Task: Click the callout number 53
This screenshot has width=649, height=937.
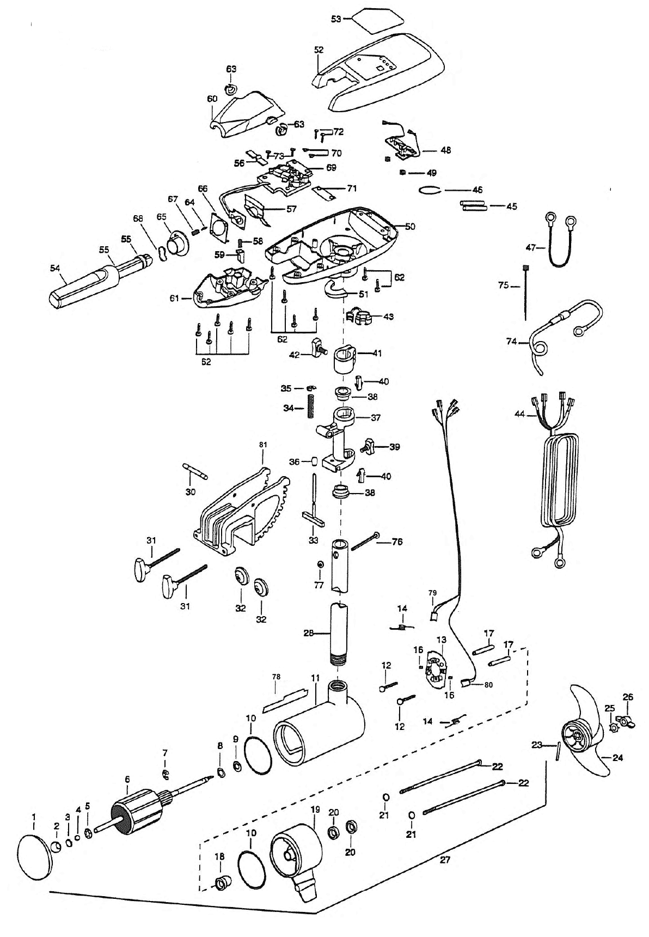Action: (x=336, y=19)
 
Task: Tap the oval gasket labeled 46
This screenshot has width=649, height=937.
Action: (x=430, y=190)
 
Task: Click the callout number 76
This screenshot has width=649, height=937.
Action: (x=397, y=542)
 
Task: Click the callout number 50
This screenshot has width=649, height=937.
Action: (x=409, y=227)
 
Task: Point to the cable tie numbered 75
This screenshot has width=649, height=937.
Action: (x=526, y=294)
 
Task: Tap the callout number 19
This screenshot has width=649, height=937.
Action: (x=315, y=810)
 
